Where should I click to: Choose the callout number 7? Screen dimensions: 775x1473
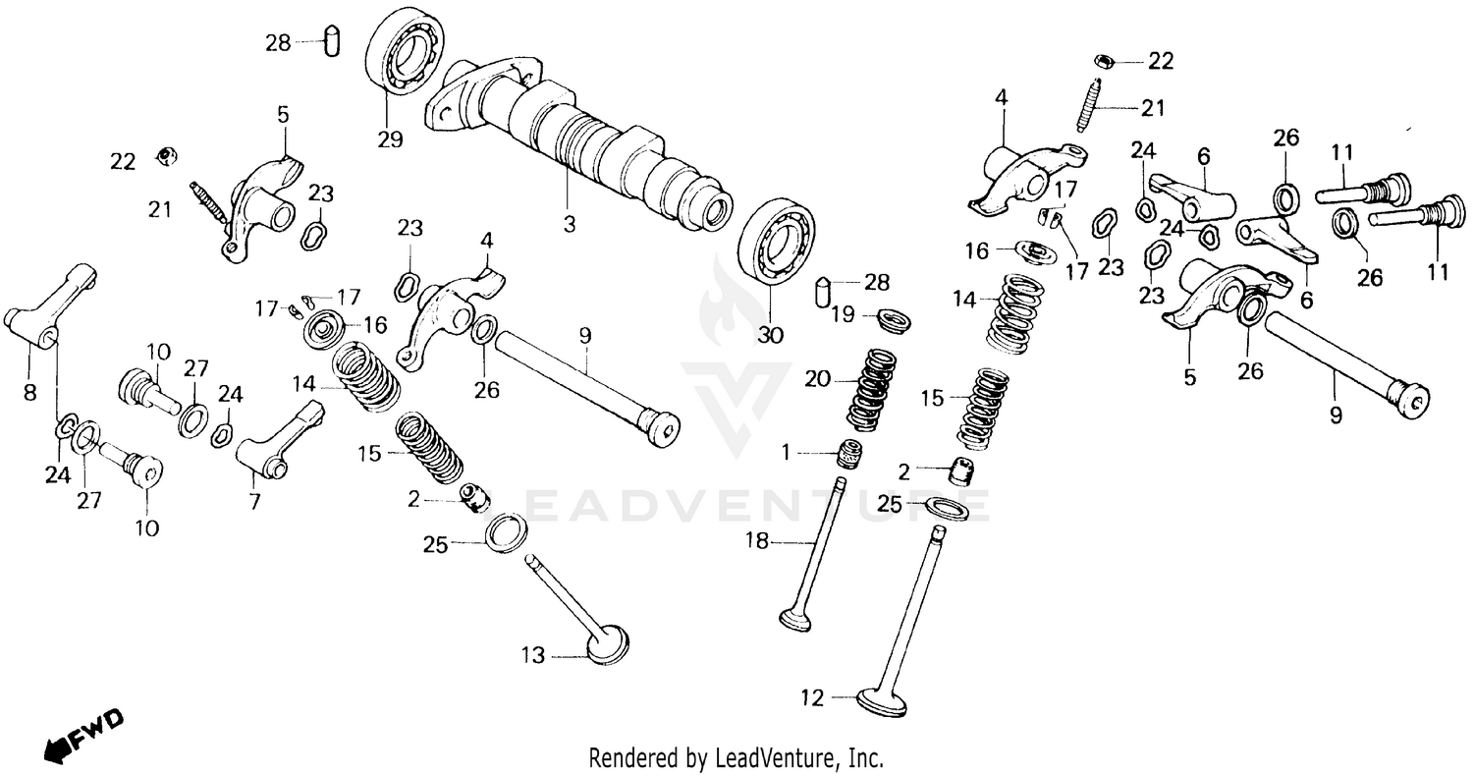click(x=254, y=502)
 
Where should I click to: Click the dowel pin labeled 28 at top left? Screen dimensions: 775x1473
click(x=332, y=42)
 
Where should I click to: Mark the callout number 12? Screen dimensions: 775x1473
click(x=811, y=699)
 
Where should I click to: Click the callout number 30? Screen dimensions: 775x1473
click(x=771, y=335)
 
